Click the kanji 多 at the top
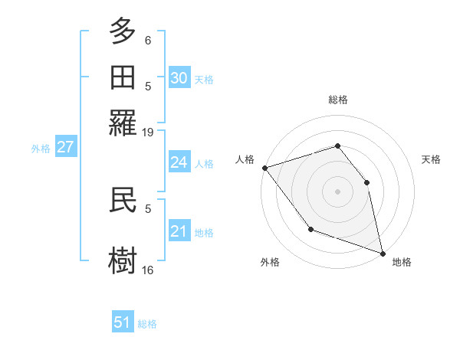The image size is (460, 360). tap(123, 32)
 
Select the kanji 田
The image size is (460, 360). tap(123, 77)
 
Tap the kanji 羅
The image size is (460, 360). tap(123, 123)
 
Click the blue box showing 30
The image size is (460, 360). tap(179, 77)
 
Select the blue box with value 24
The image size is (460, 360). tap(179, 162)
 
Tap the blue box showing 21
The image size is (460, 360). tap(179, 231)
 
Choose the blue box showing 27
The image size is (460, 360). tap(65, 147)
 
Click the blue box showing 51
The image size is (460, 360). tap(123, 322)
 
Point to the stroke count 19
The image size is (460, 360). tap(148, 132)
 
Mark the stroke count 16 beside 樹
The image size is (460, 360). tap(148, 270)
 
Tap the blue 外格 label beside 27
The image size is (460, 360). tap(41, 149)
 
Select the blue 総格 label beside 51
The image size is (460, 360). tap(147, 324)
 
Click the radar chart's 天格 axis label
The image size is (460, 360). tap(432, 159)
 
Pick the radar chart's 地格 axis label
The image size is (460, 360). tap(402, 262)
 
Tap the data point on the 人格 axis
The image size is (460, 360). tap(264, 168)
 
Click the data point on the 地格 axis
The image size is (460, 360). tap(381, 252)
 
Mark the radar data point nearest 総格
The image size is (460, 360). tap(337, 146)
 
